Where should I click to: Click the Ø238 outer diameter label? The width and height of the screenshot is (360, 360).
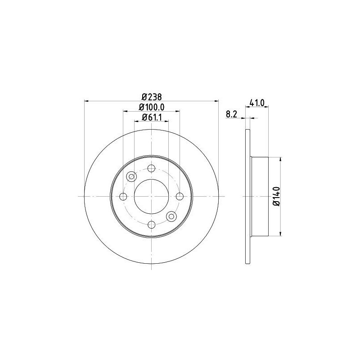151,96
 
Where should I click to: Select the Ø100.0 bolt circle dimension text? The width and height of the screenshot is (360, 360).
151,107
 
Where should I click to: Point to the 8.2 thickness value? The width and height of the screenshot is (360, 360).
231,115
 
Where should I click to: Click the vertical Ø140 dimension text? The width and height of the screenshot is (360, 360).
276,196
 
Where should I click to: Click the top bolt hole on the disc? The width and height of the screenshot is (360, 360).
151,169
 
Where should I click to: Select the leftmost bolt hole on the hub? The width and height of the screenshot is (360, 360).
123,196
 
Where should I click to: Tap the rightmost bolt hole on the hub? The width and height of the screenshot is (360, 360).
180,196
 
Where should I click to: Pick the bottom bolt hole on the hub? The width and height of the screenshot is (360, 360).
151,224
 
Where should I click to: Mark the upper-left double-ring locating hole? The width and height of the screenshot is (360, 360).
131,176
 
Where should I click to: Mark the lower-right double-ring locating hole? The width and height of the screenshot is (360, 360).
171,216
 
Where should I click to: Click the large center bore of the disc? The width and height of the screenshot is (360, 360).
151,196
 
